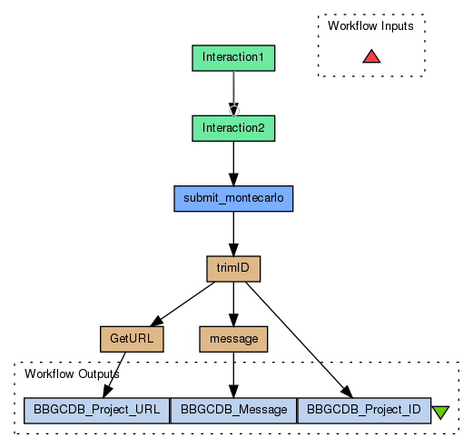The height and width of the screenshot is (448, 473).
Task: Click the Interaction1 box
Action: [233, 58]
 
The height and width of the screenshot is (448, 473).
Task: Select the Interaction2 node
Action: [233, 128]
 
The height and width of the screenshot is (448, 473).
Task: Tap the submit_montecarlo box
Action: [233, 198]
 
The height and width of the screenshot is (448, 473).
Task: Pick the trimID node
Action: [233, 269]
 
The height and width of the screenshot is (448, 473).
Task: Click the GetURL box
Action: [132, 339]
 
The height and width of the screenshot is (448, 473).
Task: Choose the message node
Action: [233, 339]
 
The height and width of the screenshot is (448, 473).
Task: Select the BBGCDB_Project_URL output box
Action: [97, 411]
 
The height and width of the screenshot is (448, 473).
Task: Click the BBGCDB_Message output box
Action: [233, 411]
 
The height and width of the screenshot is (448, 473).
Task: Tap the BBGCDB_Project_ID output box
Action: [364, 411]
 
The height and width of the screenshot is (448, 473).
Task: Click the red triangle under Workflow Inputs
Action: [371, 56]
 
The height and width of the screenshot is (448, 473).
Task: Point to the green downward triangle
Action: [440, 413]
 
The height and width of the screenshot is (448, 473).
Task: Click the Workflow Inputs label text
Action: [370, 25]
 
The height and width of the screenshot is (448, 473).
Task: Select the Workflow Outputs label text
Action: [72, 373]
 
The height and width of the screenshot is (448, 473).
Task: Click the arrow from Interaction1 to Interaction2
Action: [233, 94]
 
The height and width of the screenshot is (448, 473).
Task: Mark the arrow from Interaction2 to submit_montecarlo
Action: [233, 164]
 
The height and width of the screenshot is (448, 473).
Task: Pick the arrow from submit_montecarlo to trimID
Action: [233, 234]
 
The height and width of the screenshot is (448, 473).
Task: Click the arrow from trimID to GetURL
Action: [182, 304]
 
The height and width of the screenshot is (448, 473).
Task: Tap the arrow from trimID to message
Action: [233, 304]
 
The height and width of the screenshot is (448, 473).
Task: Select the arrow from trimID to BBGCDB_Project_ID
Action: [300, 340]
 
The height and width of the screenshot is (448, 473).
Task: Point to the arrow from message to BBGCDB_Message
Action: [233, 375]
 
